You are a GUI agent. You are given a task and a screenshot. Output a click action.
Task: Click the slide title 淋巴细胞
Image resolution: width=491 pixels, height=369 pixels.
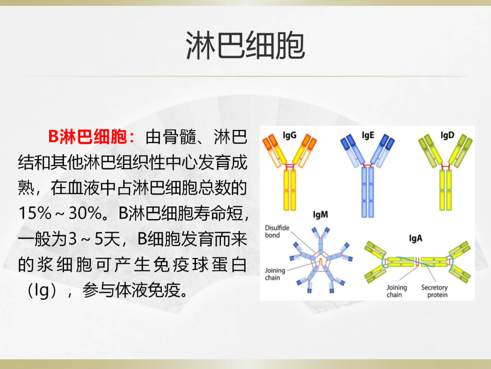(245, 46)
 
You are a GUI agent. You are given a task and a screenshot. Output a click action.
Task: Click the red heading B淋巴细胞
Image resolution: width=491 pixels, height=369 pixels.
(88, 137)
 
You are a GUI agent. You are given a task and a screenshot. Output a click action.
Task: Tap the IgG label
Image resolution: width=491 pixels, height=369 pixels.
(289, 135)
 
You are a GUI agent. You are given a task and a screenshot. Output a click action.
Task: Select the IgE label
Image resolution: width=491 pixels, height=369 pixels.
(368, 135)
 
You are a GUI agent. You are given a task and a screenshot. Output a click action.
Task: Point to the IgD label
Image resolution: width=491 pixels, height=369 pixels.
(447, 135)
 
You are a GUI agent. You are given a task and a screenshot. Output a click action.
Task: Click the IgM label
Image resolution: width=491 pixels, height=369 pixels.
(321, 215)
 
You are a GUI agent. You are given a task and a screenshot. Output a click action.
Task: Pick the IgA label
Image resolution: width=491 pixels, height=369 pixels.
(415, 238)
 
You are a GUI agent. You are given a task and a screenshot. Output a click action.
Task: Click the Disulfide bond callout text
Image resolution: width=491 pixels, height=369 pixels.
(277, 231)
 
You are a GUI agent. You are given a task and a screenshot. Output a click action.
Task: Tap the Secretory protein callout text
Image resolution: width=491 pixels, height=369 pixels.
(435, 291)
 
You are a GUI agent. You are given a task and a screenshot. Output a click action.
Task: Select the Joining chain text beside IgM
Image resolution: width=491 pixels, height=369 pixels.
(275, 274)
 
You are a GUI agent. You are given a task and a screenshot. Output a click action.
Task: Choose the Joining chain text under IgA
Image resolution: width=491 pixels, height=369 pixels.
(396, 291)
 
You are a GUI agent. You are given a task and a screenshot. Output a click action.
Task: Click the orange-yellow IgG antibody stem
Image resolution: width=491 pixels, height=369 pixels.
(290, 190)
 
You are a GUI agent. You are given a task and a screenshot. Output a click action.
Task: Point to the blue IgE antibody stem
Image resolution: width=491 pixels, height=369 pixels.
(368, 192)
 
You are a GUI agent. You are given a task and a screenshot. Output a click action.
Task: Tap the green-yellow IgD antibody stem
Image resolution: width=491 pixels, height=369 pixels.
(446, 190)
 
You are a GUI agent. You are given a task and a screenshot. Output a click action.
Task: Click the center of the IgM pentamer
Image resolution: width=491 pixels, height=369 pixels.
(321, 261)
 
